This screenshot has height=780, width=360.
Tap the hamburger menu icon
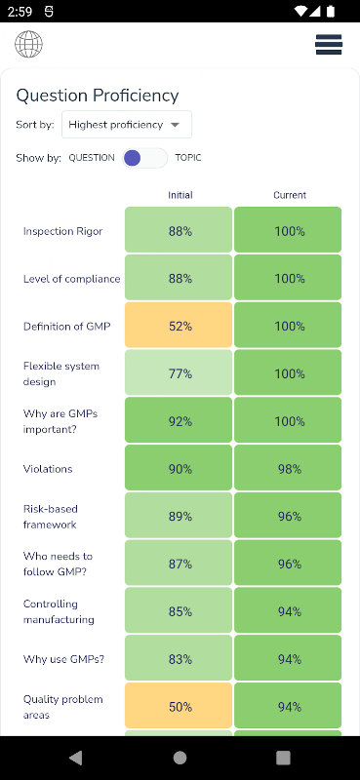[x=329, y=44]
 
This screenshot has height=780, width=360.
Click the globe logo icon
[x=29, y=44]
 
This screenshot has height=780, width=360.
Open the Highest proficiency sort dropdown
[x=127, y=125]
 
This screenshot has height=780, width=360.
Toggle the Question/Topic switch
[x=145, y=158]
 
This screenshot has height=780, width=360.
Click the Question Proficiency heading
[x=98, y=96]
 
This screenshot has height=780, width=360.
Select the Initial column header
[x=180, y=195]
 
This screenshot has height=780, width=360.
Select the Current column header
[x=290, y=195]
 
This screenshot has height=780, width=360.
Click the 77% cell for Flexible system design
[x=179, y=372]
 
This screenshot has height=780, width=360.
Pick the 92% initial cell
[x=179, y=420]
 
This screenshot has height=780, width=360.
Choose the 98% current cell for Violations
[x=288, y=468]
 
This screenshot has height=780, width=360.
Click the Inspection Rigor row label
[x=63, y=231]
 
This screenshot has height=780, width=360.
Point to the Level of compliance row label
[x=71, y=279]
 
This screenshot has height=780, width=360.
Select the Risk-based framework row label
[x=51, y=517]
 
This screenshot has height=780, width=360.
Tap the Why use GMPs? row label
[x=64, y=659]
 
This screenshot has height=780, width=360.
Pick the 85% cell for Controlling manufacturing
[x=179, y=610]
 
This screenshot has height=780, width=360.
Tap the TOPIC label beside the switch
[x=188, y=158]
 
